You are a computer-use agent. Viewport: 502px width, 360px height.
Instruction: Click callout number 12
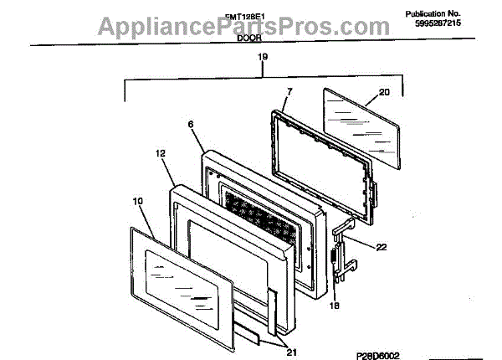click(161, 154)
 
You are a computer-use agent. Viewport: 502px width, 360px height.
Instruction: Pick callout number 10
click(138, 203)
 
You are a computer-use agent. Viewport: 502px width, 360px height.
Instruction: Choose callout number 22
click(381, 247)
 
